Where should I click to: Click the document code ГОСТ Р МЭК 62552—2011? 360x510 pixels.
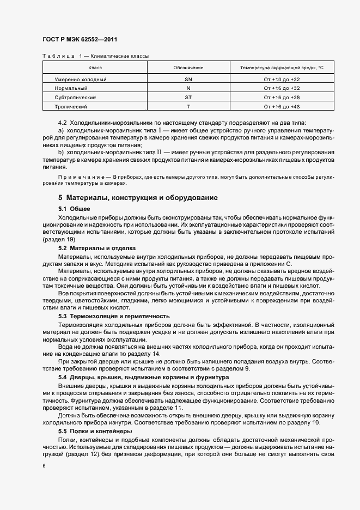[x=80, y=40]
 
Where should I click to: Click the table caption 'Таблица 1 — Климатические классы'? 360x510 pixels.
[x=95, y=56]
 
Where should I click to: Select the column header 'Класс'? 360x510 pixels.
[x=95, y=68]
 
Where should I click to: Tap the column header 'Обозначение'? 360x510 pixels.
[x=188, y=68]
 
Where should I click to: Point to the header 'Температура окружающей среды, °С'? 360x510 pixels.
[x=282, y=68]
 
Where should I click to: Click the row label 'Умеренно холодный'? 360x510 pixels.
[x=81, y=80]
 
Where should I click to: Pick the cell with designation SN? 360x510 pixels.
[x=188, y=80]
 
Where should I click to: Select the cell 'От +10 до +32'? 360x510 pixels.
[x=282, y=80]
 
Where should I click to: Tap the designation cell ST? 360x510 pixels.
[x=188, y=98]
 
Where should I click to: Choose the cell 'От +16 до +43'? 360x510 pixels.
[x=282, y=107]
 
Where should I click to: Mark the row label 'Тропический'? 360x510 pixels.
[x=71, y=107]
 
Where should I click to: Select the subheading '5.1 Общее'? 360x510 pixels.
[x=74, y=209]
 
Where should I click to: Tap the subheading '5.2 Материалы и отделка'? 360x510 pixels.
[x=93, y=248]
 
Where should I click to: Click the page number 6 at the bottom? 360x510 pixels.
[x=44, y=466]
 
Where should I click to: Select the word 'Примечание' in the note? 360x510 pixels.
[x=80, y=178]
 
